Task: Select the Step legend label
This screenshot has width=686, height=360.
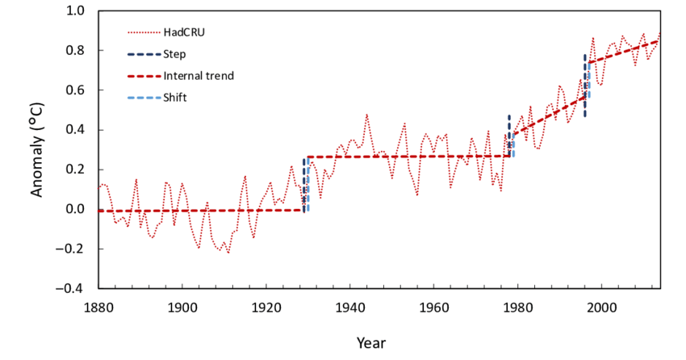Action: [174, 54]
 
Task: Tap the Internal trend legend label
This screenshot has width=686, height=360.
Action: [199, 76]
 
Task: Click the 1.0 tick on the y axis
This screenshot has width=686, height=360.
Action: [75, 11]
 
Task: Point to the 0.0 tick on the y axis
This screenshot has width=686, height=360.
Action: [75, 209]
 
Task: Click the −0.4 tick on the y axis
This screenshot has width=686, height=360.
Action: [71, 288]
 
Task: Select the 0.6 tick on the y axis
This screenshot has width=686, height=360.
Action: [75, 90]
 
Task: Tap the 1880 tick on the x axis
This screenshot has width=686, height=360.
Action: [98, 307]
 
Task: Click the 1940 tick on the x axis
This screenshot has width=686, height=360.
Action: [349, 307]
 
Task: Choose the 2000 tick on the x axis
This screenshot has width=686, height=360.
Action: [601, 307]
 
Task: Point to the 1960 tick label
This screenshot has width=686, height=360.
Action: [433, 307]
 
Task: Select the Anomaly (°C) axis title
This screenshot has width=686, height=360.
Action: [37, 149]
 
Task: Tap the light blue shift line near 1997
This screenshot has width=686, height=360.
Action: [588, 81]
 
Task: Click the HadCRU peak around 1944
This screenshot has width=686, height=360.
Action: [366, 115]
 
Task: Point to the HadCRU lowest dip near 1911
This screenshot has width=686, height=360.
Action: [228, 253]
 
